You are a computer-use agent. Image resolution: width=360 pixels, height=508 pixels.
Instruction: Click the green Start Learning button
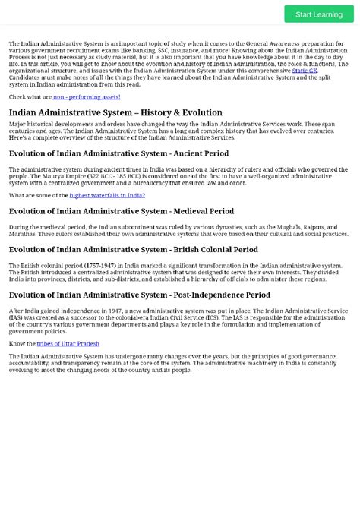coord(319,14)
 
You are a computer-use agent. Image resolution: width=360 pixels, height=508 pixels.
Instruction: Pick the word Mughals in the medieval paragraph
coord(270,226)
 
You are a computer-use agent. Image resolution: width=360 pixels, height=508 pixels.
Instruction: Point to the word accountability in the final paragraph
coord(30,363)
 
